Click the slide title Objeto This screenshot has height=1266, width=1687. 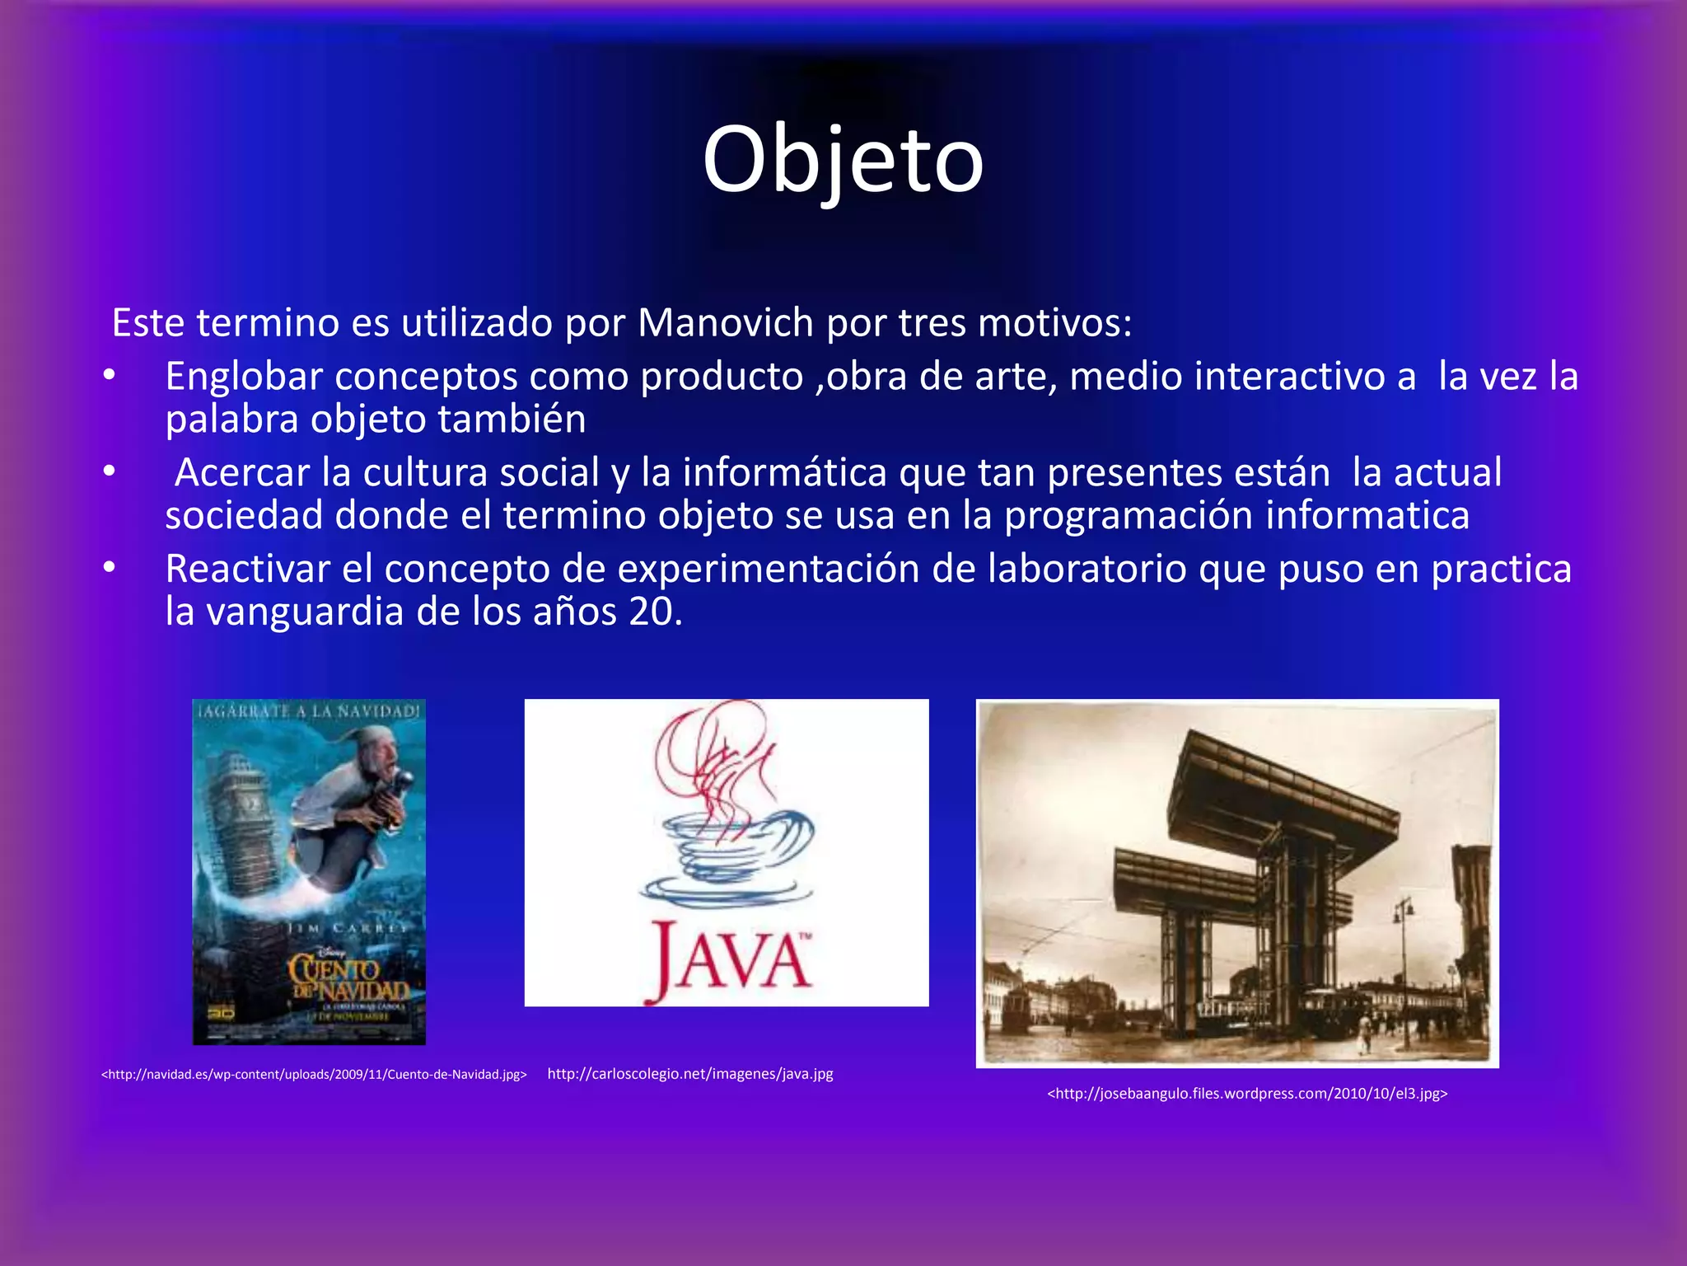tap(843, 161)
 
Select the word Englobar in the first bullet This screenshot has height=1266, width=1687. tap(244, 377)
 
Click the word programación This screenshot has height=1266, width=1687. tap(1128, 516)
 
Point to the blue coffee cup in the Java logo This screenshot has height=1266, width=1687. tap(725, 857)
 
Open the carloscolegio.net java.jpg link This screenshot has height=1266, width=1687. tap(689, 1074)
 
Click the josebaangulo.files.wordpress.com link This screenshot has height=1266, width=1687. tap(1246, 1094)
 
